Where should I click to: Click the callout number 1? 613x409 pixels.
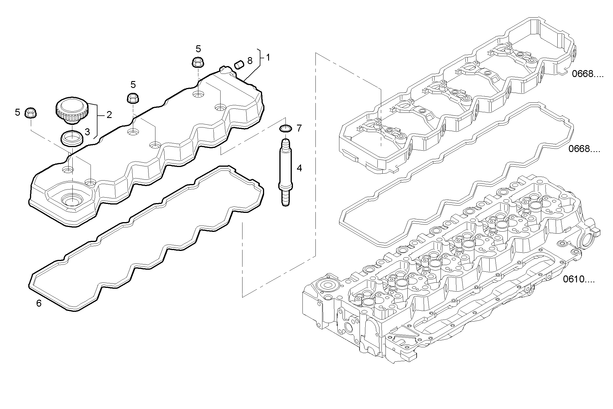268,58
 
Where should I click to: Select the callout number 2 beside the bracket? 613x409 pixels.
109,115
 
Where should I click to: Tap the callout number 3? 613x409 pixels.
87,132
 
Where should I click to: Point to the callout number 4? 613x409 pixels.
299,168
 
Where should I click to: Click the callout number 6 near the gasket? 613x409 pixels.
39,303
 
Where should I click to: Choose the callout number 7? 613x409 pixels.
299,128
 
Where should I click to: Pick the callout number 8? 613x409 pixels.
250,61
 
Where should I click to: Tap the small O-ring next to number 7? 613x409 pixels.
285,128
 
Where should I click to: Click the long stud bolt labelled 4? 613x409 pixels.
285,173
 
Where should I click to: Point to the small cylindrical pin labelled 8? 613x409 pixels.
239,65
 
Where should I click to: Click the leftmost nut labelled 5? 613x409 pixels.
30,113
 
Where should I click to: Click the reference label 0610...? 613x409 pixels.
578,279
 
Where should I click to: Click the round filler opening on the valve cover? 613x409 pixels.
71,200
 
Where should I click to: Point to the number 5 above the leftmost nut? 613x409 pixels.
18,112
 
